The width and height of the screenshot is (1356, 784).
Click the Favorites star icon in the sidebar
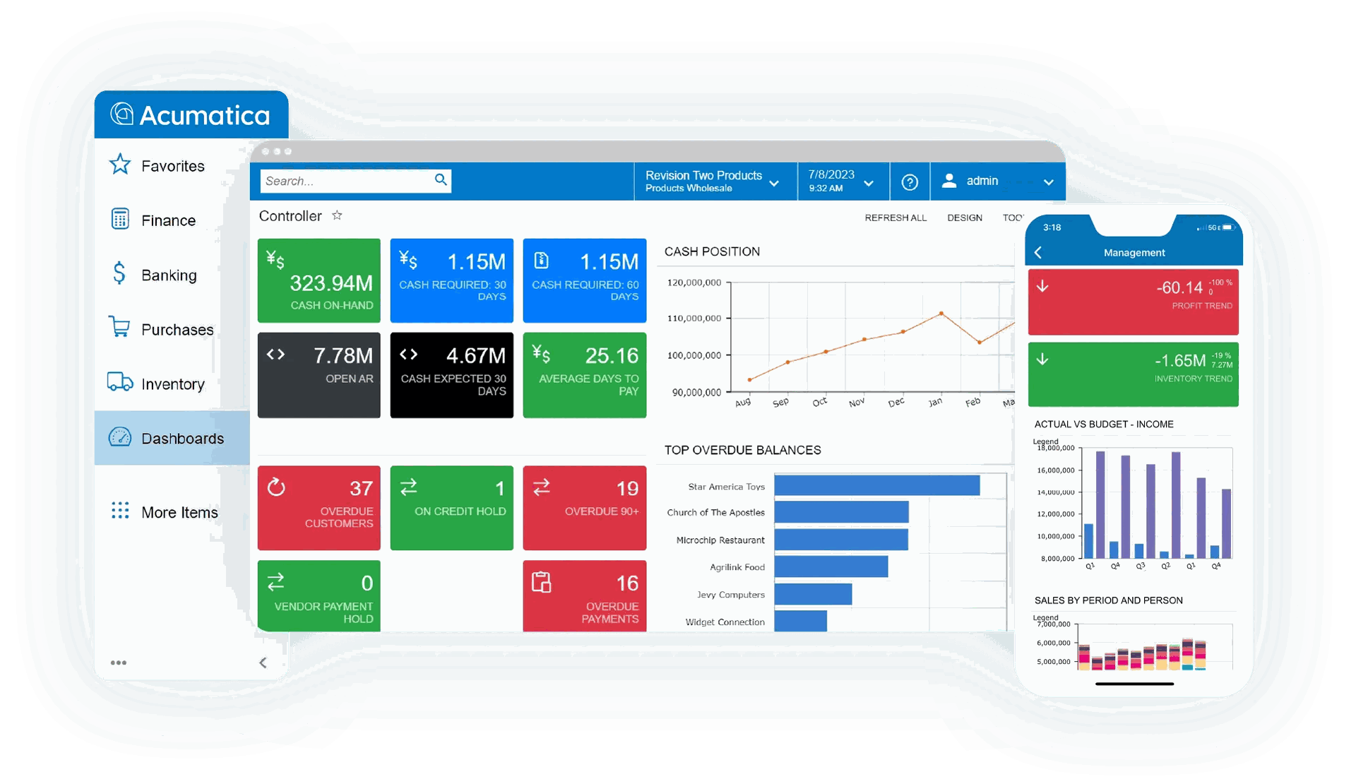(x=120, y=165)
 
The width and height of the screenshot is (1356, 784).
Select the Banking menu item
(x=168, y=275)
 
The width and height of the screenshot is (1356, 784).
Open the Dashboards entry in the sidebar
(x=182, y=438)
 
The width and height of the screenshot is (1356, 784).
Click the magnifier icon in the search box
(x=441, y=180)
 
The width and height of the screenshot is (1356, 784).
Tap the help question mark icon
(x=910, y=182)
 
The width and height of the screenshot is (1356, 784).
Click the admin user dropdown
(x=997, y=182)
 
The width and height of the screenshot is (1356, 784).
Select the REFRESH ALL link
(x=895, y=218)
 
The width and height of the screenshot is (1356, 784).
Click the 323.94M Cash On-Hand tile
(x=319, y=280)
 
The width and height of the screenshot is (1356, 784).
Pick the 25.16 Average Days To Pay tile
(x=584, y=374)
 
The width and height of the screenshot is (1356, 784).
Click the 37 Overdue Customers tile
(x=319, y=507)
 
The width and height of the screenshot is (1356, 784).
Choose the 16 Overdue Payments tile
(x=584, y=595)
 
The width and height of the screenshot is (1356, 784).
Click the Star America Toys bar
(x=876, y=486)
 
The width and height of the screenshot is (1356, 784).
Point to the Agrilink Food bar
(x=831, y=566)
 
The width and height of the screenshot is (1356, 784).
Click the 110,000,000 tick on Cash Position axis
(x=694, y=319)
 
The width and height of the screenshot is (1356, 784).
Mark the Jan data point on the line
(x=941, y=313)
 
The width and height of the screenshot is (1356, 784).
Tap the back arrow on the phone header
(x=1038, y=252)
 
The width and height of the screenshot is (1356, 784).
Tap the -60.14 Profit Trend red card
(x=1133, y=302)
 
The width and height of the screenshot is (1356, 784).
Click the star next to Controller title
(x=337, y=215)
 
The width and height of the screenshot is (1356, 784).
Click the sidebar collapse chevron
(x=263, y=662)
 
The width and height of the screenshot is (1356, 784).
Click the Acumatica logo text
(x=205, y=115)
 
